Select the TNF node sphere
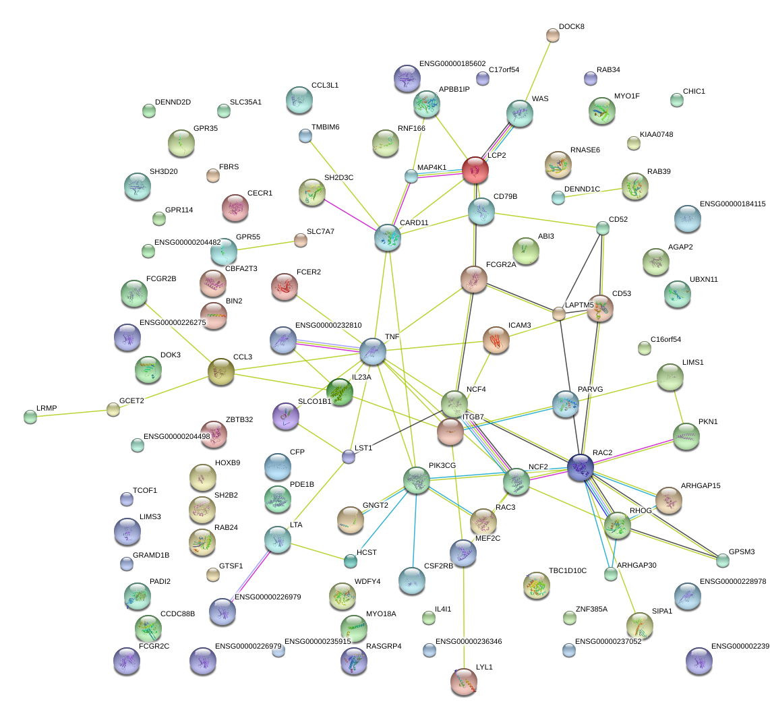click(373, 351)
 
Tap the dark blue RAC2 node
click(581, 467)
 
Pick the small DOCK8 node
click(553, 36)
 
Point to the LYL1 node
click(463, 681)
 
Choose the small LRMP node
click(30, 417)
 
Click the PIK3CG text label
click(442, 465)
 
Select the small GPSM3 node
click(723, 560)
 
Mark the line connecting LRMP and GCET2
click(71, 413)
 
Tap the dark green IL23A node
click(340, 392)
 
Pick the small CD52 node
click(603, 228)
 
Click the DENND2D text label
click(173, 102)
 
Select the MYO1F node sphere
click(601, 111)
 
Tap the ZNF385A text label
click(591, 609)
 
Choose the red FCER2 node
click(284, 287)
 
